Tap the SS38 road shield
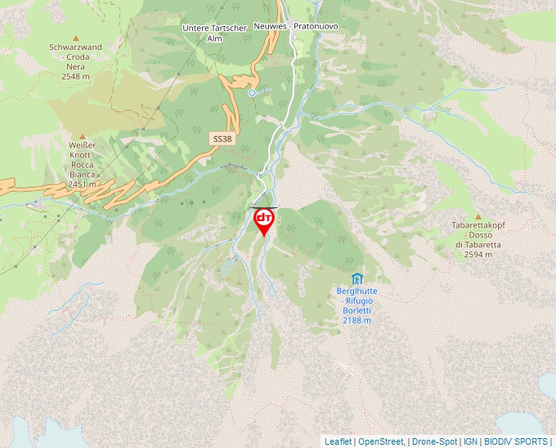point(222,139)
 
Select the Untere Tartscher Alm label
point(214,33)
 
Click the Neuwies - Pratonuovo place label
point(295,26)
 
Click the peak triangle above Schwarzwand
point(76,38)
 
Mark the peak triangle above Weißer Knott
point(82,136)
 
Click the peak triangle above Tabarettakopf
point(478,216)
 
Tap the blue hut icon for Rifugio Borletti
point(356,278)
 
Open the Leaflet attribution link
point(338,441)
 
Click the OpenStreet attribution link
point(381,441)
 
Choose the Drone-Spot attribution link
point(434,441)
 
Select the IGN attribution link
point(470,441)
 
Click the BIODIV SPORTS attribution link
point(516,441)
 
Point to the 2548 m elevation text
point(75,76)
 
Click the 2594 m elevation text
point(478,255)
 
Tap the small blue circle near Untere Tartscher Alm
point(253,93)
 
